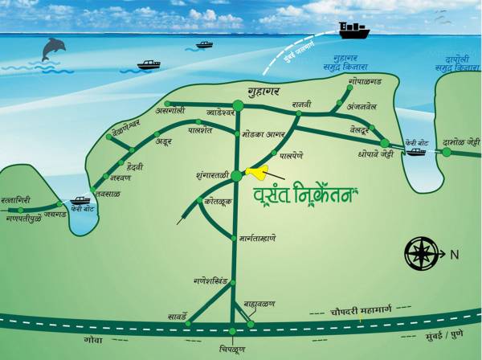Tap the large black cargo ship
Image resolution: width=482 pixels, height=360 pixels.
353,31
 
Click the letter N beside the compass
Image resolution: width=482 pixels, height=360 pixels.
454,255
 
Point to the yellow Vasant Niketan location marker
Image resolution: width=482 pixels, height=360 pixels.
258,171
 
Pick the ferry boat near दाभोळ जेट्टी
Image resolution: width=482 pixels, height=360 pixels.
416,150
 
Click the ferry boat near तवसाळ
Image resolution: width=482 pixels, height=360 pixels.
81,201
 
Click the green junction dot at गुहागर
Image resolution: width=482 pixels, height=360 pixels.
238,104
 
